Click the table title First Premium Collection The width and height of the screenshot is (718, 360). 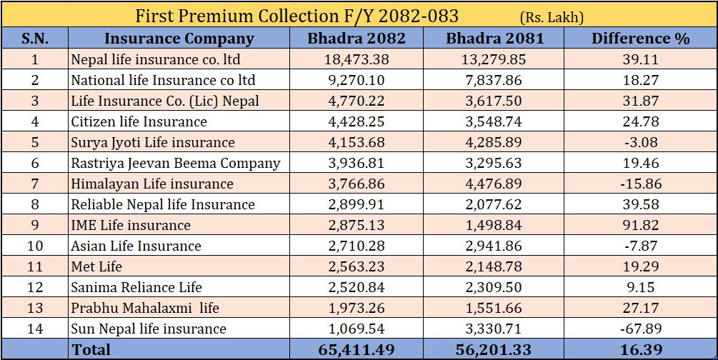point(296,14)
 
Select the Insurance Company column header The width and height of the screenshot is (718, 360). point(179,39)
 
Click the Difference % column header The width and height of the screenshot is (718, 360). point(640,39)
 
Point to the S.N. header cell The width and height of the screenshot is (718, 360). point(35,39)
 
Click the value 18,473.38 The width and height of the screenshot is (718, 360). point(356,59)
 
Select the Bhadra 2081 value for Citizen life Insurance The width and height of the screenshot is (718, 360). point(492,121)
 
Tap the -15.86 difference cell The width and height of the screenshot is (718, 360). point(640,184)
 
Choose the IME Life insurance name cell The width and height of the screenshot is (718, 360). point(131,225)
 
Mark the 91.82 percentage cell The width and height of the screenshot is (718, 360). point(640,225)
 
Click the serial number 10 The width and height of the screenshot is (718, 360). point(35,246)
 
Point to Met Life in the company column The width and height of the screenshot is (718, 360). point(96,266)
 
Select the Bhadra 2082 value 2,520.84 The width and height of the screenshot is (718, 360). point(356,287)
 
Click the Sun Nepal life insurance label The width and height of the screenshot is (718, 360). point(149,329)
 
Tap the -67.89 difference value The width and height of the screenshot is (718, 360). point(640,329)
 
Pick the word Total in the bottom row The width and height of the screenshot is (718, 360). point(91,349)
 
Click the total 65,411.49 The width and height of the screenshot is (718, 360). point(356,349)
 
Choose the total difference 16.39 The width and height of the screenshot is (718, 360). point(640,349)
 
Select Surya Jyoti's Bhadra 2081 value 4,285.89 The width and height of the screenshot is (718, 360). point(492,142)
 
